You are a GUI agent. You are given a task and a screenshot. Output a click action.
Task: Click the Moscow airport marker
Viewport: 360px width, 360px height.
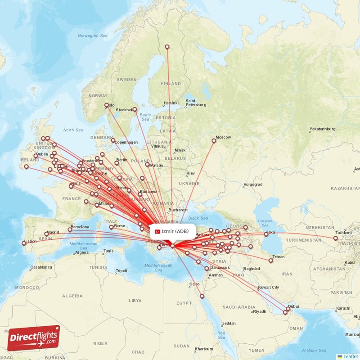tap(214, 141)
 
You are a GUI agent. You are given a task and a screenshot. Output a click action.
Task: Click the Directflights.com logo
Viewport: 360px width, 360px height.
tap(33, 338)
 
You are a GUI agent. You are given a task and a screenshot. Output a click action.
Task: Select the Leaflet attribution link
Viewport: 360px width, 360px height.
tap(350, 356)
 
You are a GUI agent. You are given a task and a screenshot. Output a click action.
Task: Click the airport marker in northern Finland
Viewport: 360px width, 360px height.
tap(167, 47)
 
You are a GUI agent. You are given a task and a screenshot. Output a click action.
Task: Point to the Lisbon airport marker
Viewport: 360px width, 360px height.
tap(23, 243)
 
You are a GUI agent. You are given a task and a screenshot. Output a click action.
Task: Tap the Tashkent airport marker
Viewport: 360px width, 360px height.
tap(336, 238)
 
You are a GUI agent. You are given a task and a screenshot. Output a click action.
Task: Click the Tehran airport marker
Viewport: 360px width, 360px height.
tap(271, 261)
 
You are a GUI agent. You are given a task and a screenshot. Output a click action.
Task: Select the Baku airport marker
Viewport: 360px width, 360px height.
tap(266, 234)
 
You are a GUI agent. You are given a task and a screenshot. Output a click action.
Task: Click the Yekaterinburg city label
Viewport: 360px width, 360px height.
tap(323, 129)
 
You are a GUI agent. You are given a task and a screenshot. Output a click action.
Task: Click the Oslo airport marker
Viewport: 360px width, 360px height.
tap(107, 106)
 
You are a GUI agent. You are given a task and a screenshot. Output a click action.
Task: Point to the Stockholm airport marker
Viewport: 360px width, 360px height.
tap(135, 109)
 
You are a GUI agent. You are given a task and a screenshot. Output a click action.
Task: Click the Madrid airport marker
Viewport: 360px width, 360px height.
tap(46, 234)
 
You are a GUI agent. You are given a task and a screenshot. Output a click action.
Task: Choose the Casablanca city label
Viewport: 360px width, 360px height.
tap(41, 267)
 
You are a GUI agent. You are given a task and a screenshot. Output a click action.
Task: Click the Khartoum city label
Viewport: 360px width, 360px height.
tap(204, 349)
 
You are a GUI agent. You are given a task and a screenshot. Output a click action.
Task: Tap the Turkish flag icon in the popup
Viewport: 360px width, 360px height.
tap(157, 231)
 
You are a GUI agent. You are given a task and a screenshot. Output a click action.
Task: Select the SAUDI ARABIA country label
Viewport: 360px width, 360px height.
tap(240, 307)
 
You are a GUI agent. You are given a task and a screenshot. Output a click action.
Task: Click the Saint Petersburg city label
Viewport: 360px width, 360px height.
tap(196, 103)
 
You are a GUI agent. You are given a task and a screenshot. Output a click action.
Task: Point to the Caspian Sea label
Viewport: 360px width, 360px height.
tap(265, 221)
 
